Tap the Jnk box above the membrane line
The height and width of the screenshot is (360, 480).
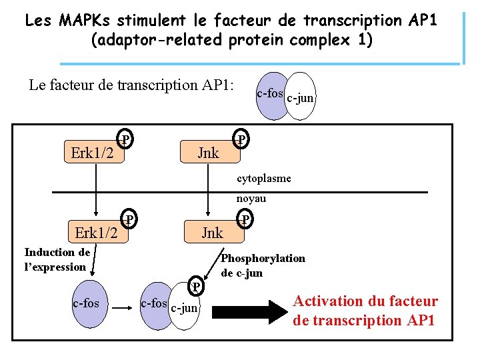click(208, 153)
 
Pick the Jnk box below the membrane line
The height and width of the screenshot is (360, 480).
click(211, 233)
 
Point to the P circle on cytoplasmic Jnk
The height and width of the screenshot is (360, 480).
click(242, 139)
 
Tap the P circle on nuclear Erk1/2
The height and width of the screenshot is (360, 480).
click(131, 219)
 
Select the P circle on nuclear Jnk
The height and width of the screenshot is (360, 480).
click(245, 219)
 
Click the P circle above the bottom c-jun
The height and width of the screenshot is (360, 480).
click(195, 287)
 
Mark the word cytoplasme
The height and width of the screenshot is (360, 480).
click(263, 179)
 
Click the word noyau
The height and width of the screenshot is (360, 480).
click(251, 199)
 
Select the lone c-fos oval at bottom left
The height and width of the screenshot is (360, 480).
click(86, 304)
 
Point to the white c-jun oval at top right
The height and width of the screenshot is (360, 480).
click(301, 97)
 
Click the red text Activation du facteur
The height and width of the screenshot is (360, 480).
click(366, 301)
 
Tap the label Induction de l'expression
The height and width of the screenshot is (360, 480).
click(56, 259)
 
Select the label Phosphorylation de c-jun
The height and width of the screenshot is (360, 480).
click(263, 265)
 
